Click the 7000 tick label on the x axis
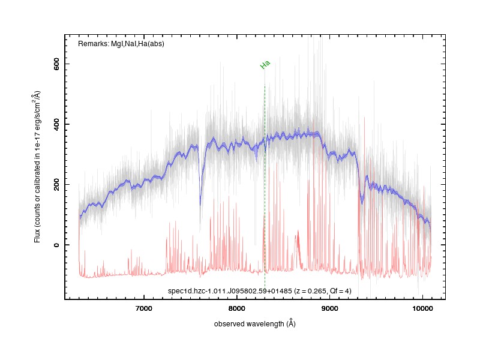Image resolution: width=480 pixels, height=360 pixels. point(143,308)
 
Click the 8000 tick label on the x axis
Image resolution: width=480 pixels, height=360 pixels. point(236,308)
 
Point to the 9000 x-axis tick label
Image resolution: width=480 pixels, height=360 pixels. point(329,308)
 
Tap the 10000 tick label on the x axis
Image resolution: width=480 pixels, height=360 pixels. point(422,308)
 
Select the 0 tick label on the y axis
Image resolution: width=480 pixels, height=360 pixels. point(56,245)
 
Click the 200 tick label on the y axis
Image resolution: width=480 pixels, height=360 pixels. point(56,185)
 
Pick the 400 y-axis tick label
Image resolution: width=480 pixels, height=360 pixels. point(56,124)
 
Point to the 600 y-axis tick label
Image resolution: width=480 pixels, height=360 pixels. point(56,64)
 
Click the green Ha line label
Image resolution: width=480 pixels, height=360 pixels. point(265,64)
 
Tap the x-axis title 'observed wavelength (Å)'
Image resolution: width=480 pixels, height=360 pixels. point(254,323)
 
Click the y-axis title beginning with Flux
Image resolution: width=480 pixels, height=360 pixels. point(37,167)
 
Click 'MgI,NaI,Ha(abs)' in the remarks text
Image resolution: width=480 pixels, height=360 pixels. point(138,44)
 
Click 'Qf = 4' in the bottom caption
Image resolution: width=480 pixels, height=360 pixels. point(340,291)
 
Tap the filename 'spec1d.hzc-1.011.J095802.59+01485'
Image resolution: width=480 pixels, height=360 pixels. point(230,291)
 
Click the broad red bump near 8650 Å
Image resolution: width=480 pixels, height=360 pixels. point(298,242)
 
